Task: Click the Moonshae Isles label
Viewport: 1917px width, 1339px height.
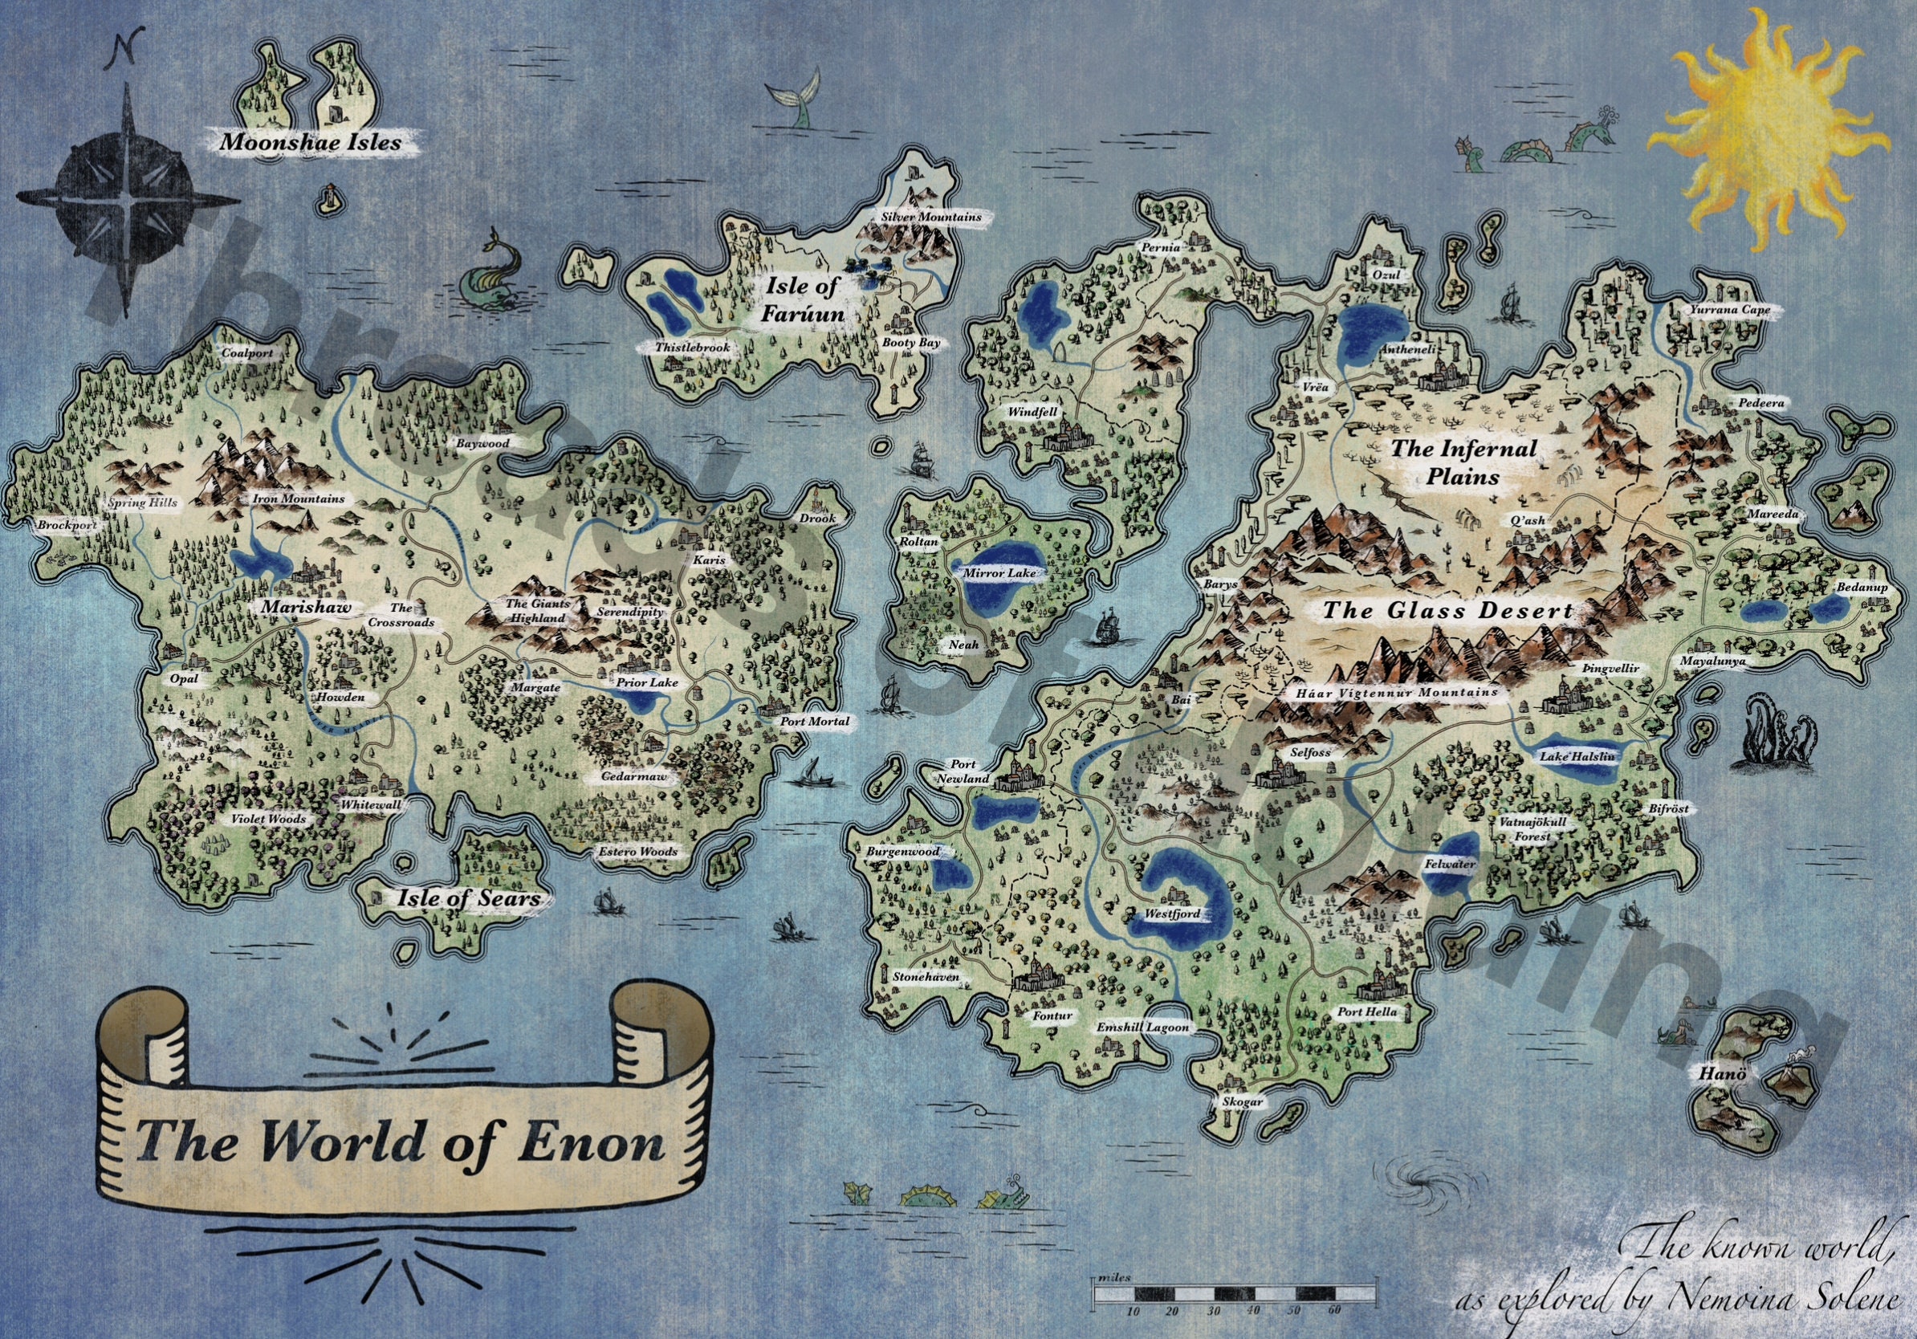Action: tap(310, 141)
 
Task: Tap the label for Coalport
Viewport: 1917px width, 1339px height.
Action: tap(247, 353)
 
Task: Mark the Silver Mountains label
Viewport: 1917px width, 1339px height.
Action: tap(931, 217)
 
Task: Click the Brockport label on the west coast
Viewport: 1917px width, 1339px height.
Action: tap(65, 526)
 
